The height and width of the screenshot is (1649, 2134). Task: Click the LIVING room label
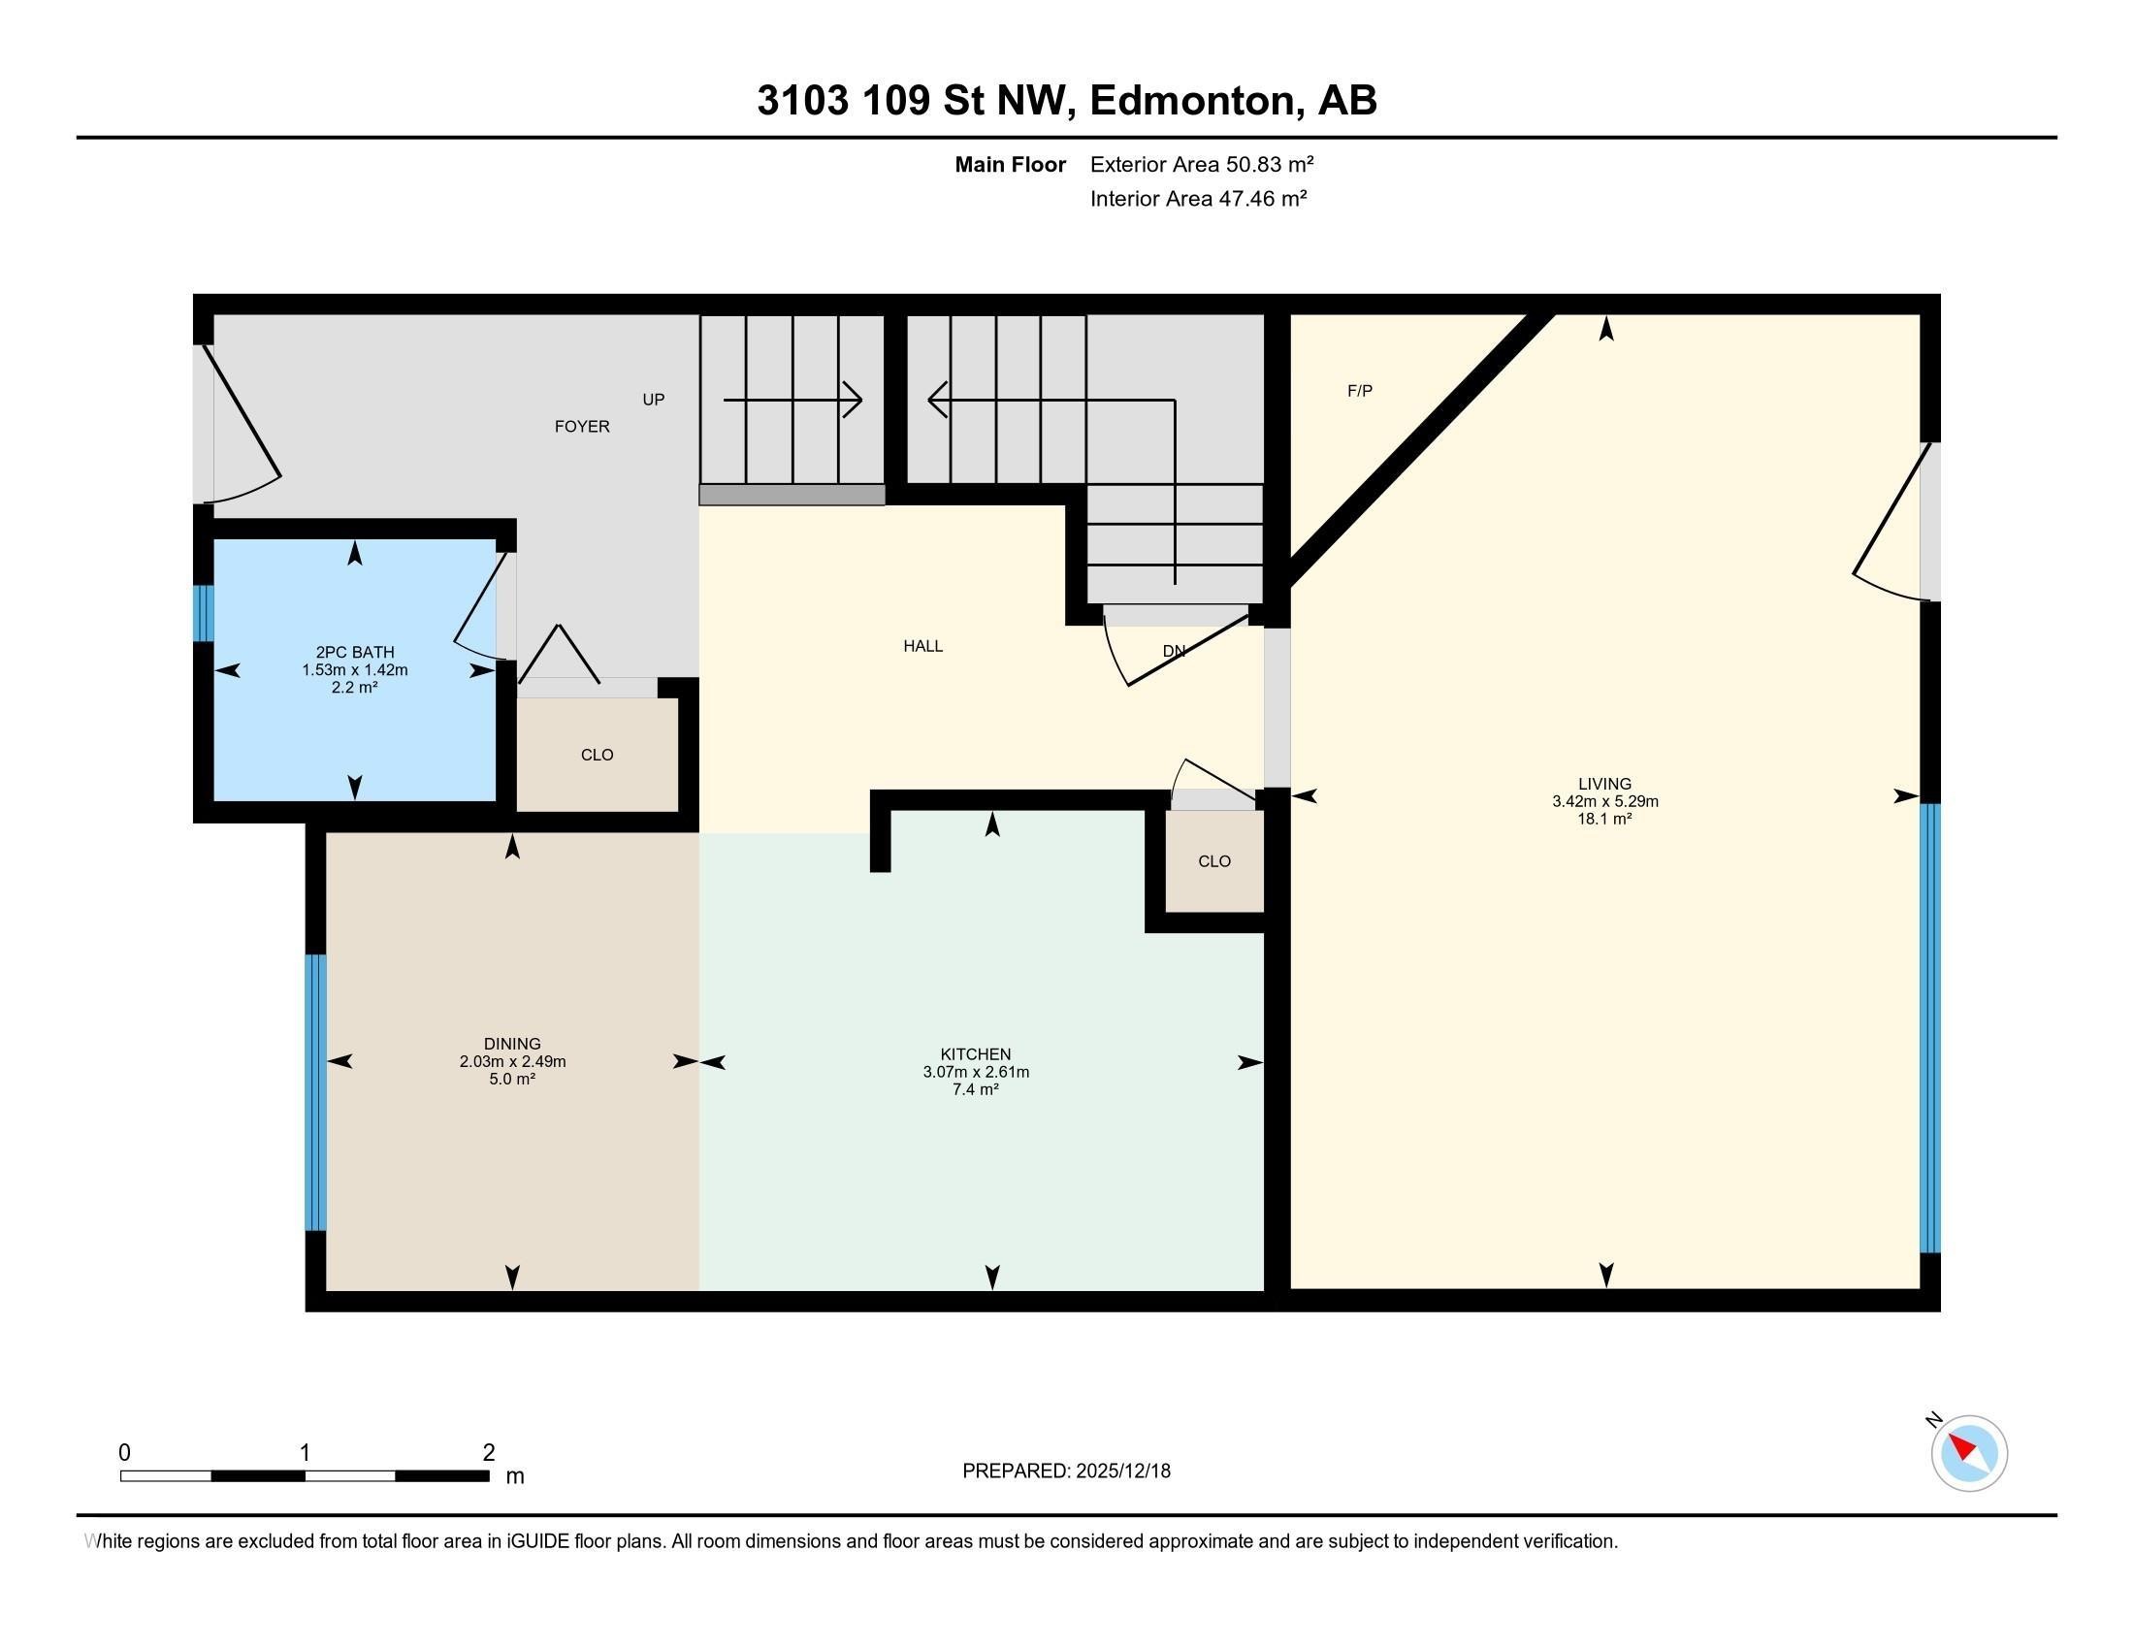point(1604,784)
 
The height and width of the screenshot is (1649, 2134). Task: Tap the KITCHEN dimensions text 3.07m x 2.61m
point(975,1072)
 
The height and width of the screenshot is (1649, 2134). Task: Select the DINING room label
point(512,1044)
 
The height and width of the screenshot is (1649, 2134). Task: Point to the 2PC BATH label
point(355,652)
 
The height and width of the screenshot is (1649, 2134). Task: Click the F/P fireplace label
point(1359,391)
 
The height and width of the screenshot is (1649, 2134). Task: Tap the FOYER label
point(581,426)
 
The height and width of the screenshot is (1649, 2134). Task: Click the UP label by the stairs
point(653,399)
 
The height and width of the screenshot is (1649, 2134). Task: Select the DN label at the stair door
point(1174,651)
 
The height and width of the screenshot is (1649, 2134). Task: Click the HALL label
point(922,646)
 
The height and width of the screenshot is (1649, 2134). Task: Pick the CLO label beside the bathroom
point(596,754)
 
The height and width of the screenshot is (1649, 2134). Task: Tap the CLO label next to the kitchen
point(1213,860)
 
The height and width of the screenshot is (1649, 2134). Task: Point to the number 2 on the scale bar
point(489,1453)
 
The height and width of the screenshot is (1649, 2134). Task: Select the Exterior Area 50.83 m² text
point(1201,164)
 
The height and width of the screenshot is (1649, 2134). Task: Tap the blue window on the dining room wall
point(314,1091)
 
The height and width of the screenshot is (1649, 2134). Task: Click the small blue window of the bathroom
point(203,612)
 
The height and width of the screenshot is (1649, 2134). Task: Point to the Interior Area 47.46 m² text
point(1198,198)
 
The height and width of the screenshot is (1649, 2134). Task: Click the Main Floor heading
point(1010,164)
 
